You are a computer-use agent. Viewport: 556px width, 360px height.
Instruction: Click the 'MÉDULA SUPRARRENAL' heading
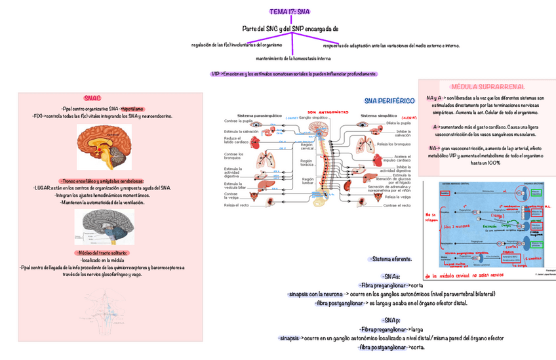tap(486, 87)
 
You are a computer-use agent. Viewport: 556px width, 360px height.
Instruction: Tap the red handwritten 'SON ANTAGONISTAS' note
tap(327, 112)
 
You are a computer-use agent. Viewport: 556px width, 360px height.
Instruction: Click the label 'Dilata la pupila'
tap(399, 123)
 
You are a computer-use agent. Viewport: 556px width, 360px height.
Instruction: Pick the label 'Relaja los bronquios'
tap(397, 144)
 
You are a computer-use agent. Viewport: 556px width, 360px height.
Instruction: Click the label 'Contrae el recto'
tap(397, 205)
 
